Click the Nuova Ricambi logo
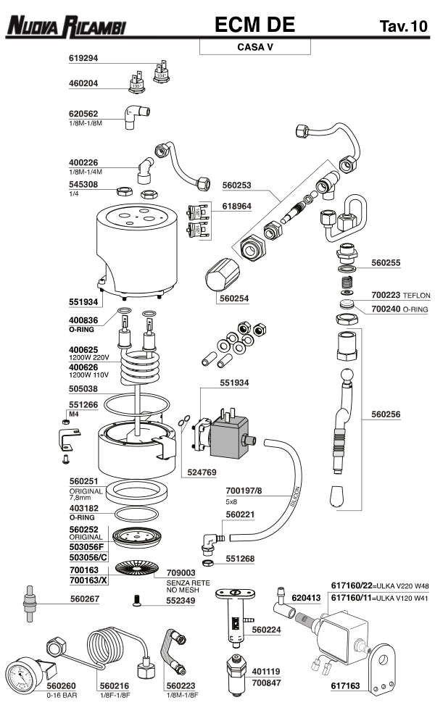(x=66, y=27)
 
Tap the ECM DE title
(x=254, y=25)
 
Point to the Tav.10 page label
(x=403, y=27)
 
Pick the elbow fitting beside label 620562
(x=135, y=115)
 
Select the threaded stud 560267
(x=31, y=602)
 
